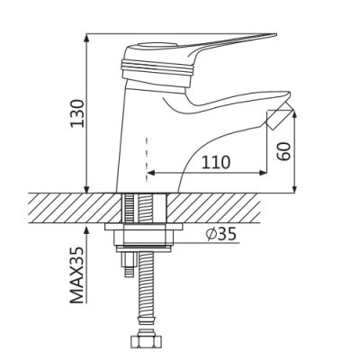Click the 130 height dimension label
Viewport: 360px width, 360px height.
(x=77, y=113)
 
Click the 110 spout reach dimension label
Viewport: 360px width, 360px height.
(x=216, y=163)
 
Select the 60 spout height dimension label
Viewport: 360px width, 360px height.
(x=283, y=151)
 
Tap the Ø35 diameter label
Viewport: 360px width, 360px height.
(x=221, y=234)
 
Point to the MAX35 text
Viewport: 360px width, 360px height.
(x=77, y=275)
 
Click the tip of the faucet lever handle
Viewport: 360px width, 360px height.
(x=275, y=35)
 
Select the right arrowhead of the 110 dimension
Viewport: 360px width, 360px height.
(x=263, y=173)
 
